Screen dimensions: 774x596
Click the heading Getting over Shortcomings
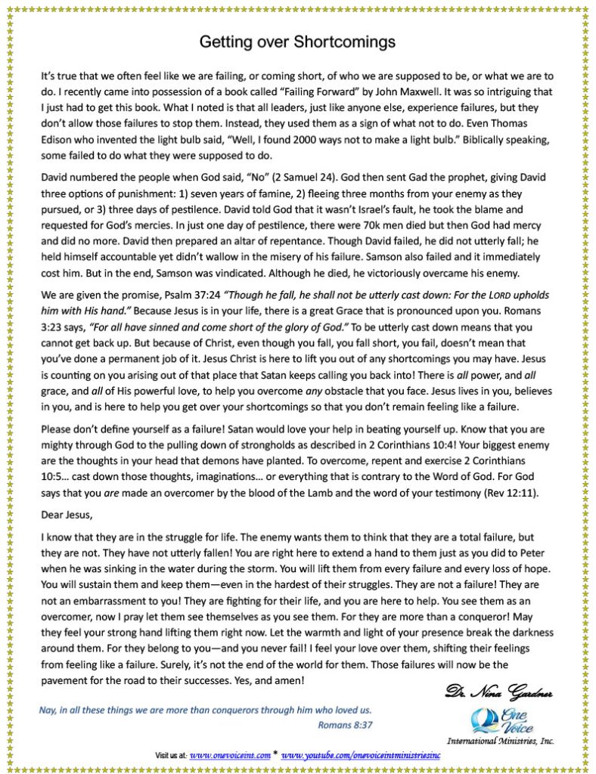tap(297, 42)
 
